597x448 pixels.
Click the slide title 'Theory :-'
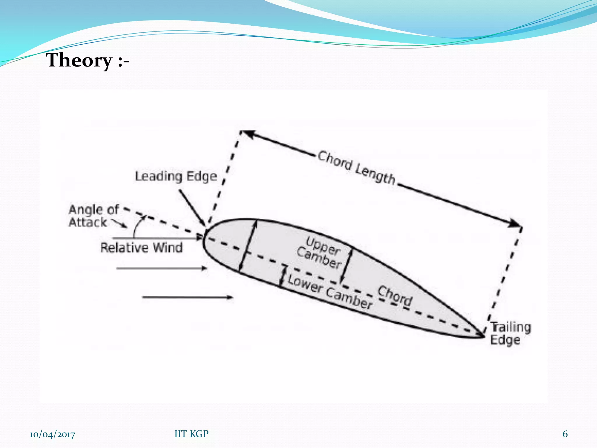(x=88, y=60)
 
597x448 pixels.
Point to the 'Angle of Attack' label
(x=94, y=216)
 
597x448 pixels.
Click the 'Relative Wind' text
(x=142, y=248)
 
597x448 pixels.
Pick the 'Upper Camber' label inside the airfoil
(x=319, y=253)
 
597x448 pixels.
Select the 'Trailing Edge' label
(x=510, y=333)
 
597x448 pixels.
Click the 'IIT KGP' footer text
(x=192, y=434)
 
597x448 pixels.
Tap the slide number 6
(x=565, y=434)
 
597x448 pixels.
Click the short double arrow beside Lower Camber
(x=282, y=276)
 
